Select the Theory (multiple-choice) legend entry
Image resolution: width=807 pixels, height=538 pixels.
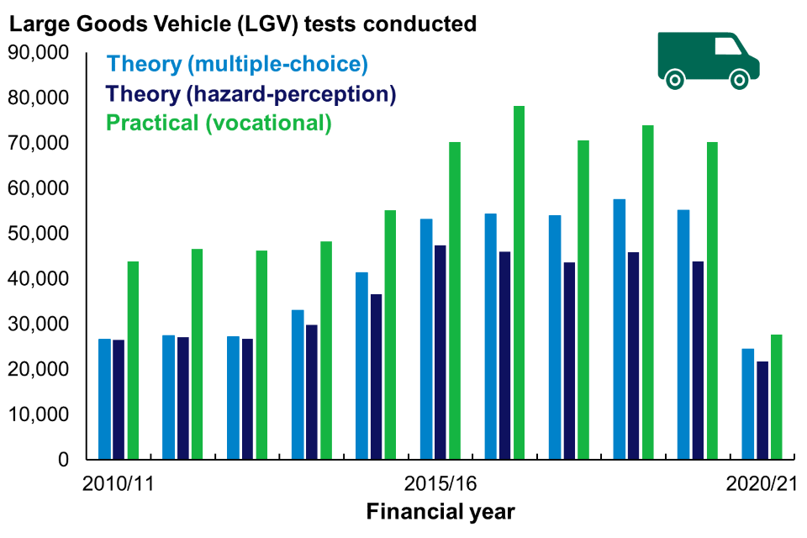(238, 64)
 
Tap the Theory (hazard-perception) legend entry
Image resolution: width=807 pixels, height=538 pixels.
(251, 93)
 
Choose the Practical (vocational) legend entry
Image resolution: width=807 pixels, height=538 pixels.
(219, 123)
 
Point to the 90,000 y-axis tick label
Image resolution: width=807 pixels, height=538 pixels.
(40, 53)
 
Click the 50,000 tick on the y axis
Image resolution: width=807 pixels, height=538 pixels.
(40, 234)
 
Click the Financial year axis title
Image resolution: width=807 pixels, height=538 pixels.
(440, 511)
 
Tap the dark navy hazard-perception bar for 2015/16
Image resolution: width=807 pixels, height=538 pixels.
(440, 352)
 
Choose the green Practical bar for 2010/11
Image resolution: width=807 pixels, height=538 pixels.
(133, 361)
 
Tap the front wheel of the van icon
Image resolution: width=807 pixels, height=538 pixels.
(739, 80)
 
